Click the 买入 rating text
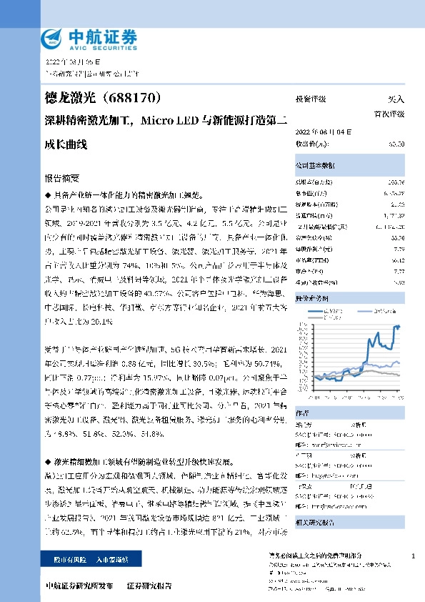396,99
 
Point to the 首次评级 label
389,114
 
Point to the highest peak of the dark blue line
397,326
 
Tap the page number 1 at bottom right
413,556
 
